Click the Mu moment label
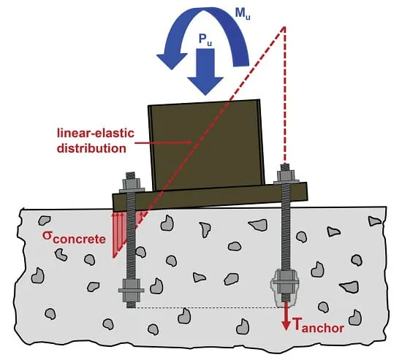point(243,15)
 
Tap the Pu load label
point(205,39)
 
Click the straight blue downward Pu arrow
point(205,72)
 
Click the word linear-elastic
point(96,134)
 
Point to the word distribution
point(91,148)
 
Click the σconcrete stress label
point(74,237)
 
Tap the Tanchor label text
point(318,325)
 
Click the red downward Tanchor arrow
point(286,316)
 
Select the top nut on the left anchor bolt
point(132,184)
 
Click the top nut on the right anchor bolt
point(286,175)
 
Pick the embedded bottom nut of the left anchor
point(132,290)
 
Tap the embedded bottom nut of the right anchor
point(285,282)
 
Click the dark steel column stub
point(206,145)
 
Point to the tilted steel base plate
point(210,196)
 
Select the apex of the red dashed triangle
point(284,26)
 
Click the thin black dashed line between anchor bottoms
point(207,307)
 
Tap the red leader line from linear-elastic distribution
point(163,142)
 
